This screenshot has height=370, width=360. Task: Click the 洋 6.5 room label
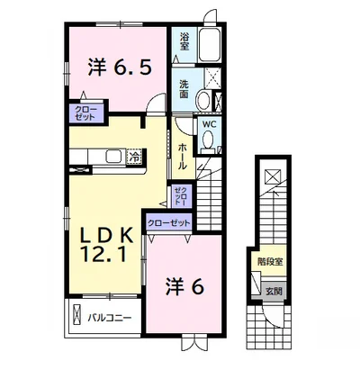119,68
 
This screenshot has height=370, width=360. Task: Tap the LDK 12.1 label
104,245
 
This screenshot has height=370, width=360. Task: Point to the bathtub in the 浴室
210,45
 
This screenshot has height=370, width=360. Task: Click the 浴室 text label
184,41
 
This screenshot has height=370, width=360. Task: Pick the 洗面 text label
184,89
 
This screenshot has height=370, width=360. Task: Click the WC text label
209,124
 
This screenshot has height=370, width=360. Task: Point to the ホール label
183,157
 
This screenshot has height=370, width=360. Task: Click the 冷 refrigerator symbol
135,156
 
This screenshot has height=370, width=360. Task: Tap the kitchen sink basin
114,157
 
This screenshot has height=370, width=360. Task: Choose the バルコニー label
110,318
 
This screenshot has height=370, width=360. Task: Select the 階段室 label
270,261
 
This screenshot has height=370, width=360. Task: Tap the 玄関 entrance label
274,291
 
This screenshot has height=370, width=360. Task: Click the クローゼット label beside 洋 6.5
85,113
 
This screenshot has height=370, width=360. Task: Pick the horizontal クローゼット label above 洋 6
169,223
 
